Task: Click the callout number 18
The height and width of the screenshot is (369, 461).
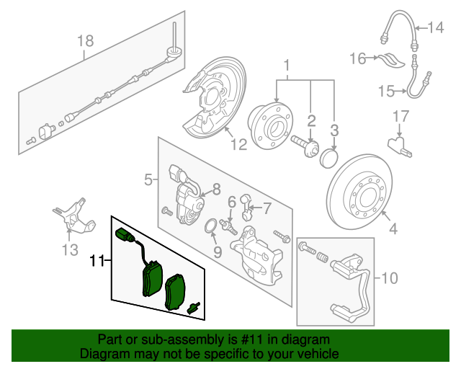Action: click(85, 41)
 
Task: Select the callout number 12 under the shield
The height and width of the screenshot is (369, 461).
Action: click(238, 143)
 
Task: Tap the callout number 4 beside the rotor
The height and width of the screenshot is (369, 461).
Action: click(393, 230)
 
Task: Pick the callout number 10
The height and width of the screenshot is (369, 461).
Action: click(389, 277)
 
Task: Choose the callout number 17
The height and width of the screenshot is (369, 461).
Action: click(401, 115)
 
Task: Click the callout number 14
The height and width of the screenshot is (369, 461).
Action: click(437, 28)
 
